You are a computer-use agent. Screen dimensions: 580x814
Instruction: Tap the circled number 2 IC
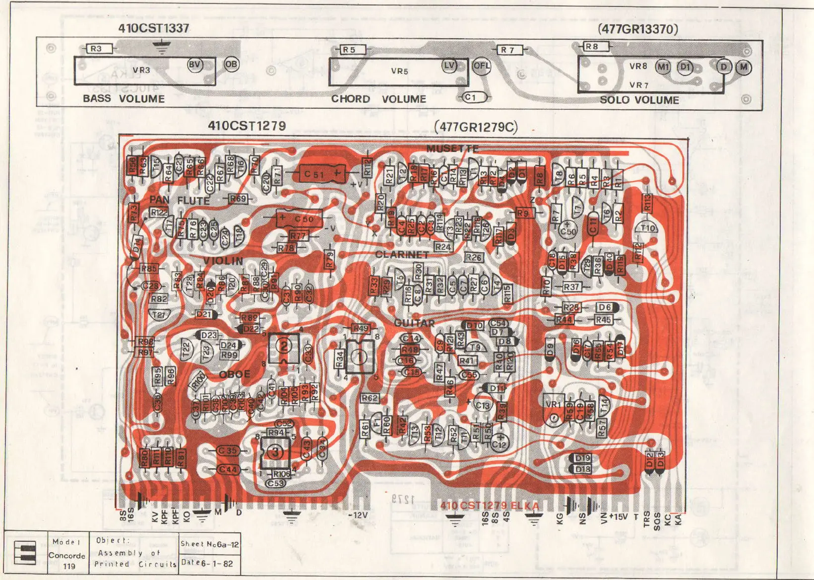coord(284,347)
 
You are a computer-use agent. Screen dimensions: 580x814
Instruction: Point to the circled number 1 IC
coord(360,356)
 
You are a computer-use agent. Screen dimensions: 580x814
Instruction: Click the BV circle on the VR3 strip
coord(195,64)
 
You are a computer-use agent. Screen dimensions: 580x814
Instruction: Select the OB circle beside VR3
coord(231,64)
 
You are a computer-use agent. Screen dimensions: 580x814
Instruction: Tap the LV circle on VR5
coord(449,66)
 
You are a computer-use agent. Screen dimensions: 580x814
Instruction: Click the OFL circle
coord(481,66)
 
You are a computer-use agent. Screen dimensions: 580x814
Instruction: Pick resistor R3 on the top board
coord(96,48)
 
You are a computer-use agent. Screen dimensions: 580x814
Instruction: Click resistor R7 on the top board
coord(507,50)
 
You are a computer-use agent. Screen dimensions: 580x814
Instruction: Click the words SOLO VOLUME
coord(639,100)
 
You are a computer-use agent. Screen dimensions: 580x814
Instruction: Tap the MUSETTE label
coord(452,148)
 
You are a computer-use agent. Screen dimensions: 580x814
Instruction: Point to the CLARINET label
coord(402,254)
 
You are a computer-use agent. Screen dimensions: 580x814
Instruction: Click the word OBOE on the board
coord(235,374)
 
